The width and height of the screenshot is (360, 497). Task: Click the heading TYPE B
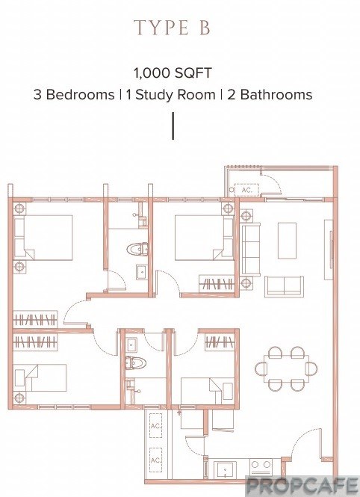(172, 28)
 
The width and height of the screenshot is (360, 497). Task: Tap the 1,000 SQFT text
(173, 73)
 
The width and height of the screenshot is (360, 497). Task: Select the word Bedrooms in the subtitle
(81, 94)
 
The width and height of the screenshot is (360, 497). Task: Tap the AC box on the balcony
(246, 190)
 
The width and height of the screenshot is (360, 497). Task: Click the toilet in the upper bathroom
(137, 249)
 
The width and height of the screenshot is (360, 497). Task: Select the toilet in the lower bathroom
(135, 362)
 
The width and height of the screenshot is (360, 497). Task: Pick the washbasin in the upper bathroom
(141, 272)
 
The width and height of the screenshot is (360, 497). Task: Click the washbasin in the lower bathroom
(131, 345)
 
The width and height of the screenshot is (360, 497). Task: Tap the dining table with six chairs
(286, 368)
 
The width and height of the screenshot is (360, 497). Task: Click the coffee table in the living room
(287, 241)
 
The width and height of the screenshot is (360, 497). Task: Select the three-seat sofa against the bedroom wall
(251, 249)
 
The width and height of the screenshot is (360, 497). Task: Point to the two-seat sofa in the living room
(284, 286)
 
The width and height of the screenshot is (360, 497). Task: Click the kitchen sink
(225, 470)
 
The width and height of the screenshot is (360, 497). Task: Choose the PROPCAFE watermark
(302, 485)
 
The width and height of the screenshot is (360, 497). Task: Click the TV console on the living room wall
(329, 250)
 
